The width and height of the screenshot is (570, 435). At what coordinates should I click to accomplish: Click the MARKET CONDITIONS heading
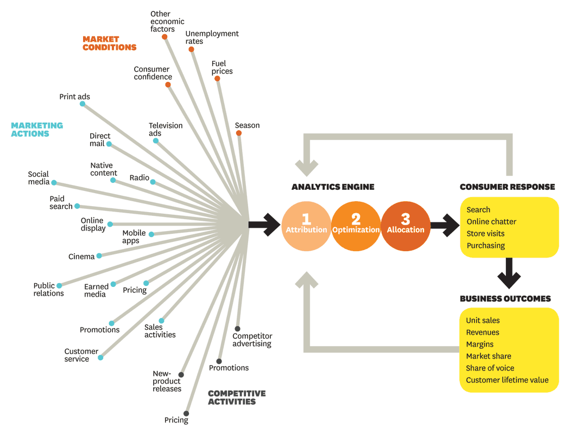pyautogui.click(x=109, y=43)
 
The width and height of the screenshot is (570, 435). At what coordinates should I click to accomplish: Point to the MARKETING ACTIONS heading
pyautogui.click(x=37, y=129)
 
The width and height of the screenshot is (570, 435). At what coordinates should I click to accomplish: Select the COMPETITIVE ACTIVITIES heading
pyautogui.click(x=237, y=398)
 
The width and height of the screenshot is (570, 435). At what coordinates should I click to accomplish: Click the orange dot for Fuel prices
pyautogui.click(x=217, y=79)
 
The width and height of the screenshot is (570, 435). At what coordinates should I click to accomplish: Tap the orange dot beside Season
pyautogui.click(x=239, y=133)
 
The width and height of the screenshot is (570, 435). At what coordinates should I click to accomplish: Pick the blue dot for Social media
pyautogui.click(x=54, y=183)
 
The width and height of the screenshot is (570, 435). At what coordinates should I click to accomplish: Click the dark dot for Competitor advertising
pyautogui.click(x=237, y=329)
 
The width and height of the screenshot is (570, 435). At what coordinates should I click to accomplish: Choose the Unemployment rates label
pyautogui.click(x=212, y=37)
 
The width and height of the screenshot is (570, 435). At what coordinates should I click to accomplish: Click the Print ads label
pyautogui.click(x=74, y=97)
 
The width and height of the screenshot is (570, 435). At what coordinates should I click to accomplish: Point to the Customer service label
pyautogui.click(x=81, y=355)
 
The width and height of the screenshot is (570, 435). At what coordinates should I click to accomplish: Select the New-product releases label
pyautogui.click(x=167, y=381)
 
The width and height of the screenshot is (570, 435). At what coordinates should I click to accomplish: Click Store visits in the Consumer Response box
pyautogui.click(x=485, y=234)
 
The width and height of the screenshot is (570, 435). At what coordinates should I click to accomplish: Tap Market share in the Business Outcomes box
pyautogui.click(x=489, y=356)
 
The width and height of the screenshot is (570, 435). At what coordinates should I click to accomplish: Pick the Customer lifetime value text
pyautogui.click(x=507, y=380)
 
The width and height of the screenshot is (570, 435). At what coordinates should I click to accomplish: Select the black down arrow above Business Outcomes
pyautogui.click(x=509, y=273)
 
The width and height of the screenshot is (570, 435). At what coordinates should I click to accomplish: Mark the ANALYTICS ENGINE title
pyautogui.click(x=333, y=187)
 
